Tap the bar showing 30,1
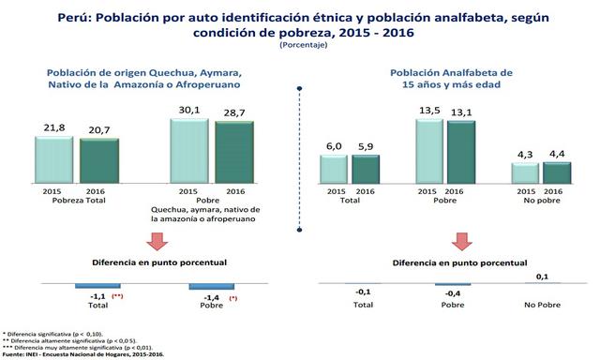[x=190, y=147]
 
